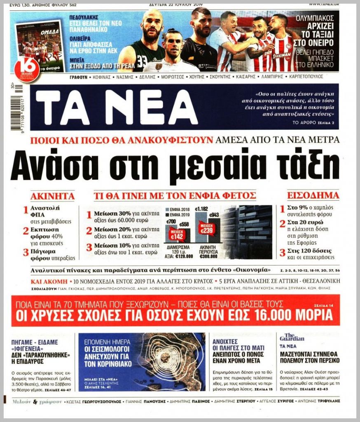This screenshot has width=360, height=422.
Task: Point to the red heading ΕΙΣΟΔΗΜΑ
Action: tap(313, 196)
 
